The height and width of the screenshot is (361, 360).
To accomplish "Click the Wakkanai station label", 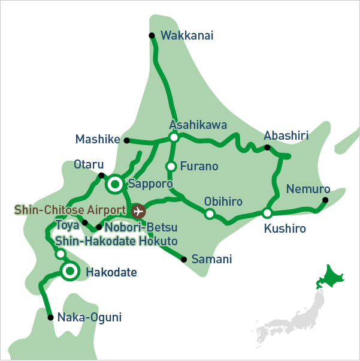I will pos(187,36).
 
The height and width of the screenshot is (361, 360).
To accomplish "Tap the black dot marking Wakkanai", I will pos(152,35).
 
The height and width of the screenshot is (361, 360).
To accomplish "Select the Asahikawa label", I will pos(198,125).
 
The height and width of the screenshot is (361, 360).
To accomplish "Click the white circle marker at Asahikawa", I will pos(174,137).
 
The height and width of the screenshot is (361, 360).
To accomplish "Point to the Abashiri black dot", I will pos(267,148).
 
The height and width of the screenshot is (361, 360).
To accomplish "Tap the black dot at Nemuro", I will pos(325,200).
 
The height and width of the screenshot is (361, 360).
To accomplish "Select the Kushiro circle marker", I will pos(267,213).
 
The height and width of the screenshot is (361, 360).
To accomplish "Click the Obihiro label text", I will pos(223,201).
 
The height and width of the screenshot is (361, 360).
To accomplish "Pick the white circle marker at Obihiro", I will pos(210,213).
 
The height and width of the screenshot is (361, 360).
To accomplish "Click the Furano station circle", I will pos(171,167).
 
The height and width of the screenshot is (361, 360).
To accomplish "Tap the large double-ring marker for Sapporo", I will pos(115,184).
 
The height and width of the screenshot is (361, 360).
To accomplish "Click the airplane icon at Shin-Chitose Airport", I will pos(138,211).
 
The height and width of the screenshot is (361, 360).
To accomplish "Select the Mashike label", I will pos(98,140).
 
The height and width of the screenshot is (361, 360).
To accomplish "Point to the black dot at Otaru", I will pos(101,175).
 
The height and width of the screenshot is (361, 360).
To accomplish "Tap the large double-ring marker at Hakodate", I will pos(71,272).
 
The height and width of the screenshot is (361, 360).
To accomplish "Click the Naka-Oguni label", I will pos(89,317).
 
